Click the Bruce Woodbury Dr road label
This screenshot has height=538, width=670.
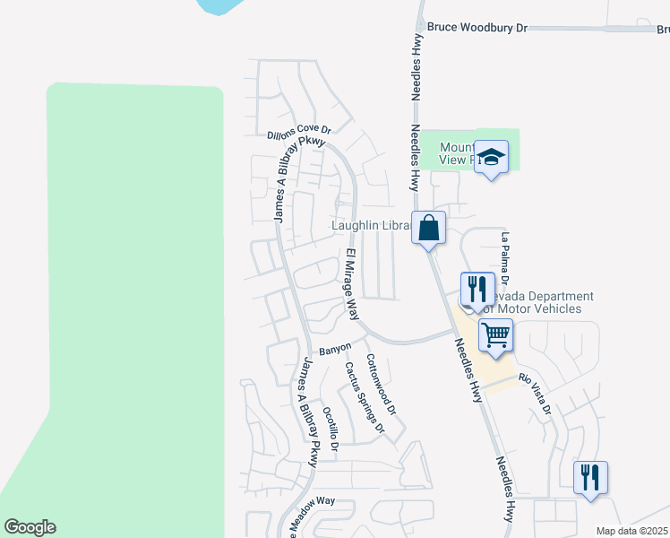(477, 28)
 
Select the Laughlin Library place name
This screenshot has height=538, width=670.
(372, 226)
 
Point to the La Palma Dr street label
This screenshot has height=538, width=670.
(506, 257)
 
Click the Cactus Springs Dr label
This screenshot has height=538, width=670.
(365, 397)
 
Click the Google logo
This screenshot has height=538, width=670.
(30, 527)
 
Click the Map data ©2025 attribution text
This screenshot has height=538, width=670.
(631, 531)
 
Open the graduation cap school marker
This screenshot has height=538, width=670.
(491, 158)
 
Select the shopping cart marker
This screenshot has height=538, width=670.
(495, 335)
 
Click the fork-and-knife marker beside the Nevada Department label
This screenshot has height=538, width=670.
(477, 289)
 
